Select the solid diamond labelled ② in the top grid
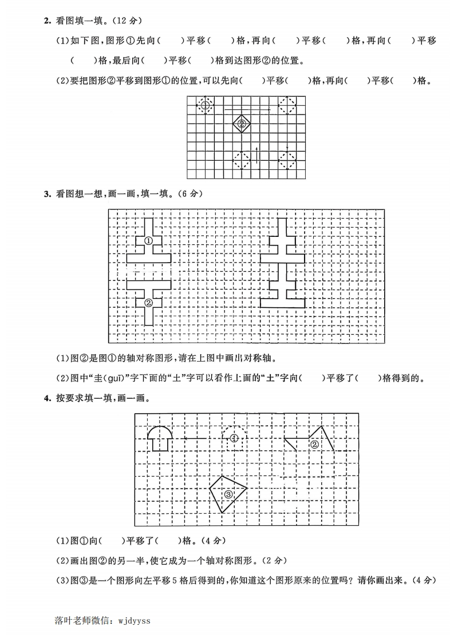point(241,124)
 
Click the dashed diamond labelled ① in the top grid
point(205,105)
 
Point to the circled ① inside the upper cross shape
point(148,241)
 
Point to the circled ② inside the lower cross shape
point(148,303)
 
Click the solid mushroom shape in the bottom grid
point(159,437)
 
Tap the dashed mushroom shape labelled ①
point(234,437)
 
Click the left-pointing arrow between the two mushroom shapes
point(195,439)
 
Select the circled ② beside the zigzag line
point(314,445)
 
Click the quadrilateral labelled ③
point(228,493)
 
